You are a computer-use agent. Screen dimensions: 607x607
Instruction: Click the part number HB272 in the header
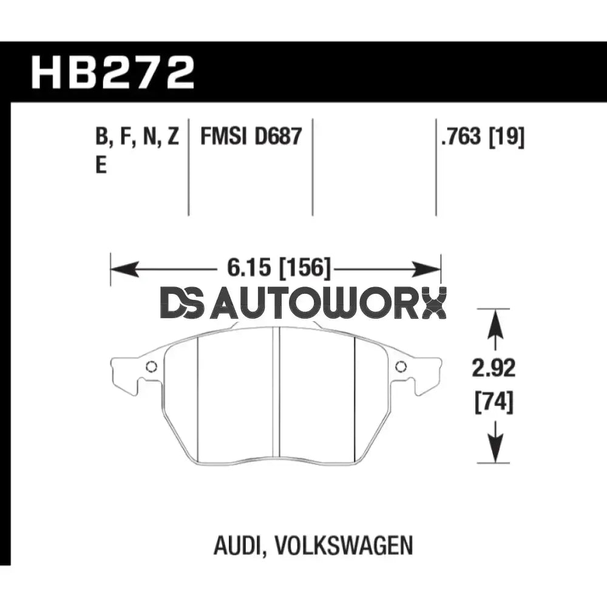[x=113, y=72]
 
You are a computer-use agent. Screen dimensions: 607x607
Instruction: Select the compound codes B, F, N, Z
[x=137, y=138]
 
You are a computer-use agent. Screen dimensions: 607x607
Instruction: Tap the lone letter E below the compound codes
[x=101, y=166]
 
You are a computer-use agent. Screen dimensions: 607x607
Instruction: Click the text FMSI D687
[x=251, y=138]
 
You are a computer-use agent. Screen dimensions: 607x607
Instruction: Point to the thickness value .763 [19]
[x=483, y=138]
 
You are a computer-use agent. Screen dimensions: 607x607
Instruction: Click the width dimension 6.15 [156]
[x=275, y=268]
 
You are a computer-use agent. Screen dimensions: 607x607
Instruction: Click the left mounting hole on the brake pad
[x=151, y=367]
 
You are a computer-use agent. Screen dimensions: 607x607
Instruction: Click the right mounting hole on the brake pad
[x=401, y=367]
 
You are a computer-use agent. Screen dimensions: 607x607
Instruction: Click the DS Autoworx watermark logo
[x=303, y=303]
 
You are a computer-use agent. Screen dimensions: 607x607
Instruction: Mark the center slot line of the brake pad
[x=279, y=395]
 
